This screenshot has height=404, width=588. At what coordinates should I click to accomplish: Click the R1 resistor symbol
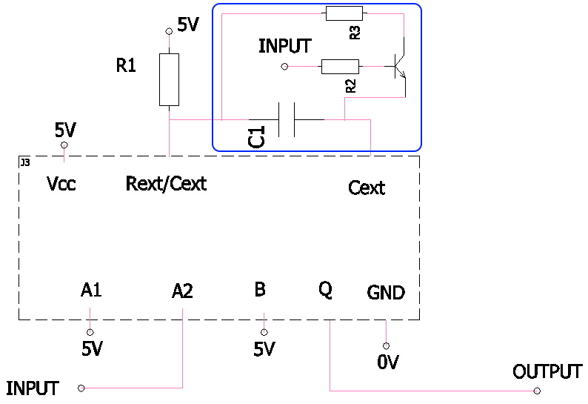click(x=170, y=79)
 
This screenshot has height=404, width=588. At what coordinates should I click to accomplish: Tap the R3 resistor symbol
click(x=344, y=13)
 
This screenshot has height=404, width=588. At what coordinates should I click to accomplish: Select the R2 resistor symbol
click(x=340, y=67)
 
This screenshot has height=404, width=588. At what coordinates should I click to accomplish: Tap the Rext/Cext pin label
click(x=166, y=183)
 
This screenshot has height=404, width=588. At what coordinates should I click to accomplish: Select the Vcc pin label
click(x=61, y=183)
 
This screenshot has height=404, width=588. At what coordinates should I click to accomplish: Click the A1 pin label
click(x=91, y=291)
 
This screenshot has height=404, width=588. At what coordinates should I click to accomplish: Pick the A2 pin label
click(x=182, y=291)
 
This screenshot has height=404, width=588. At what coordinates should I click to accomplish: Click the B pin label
click(x=260, y=290)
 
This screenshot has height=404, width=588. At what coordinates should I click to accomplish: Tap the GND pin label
click(x=386, y=293)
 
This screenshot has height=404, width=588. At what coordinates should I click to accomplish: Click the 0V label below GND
click(x=387, y=362)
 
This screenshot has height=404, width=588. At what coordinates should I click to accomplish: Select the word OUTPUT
click(x=547, y=372)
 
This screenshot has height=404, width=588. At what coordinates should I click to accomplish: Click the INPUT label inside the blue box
click(x=284, y=46)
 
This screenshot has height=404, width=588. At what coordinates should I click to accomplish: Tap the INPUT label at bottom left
click(x=33, y=388)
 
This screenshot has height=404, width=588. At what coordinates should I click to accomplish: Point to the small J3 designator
click(x=25, y=161)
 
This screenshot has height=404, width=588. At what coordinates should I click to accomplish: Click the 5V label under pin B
click(x=264, y=349)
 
